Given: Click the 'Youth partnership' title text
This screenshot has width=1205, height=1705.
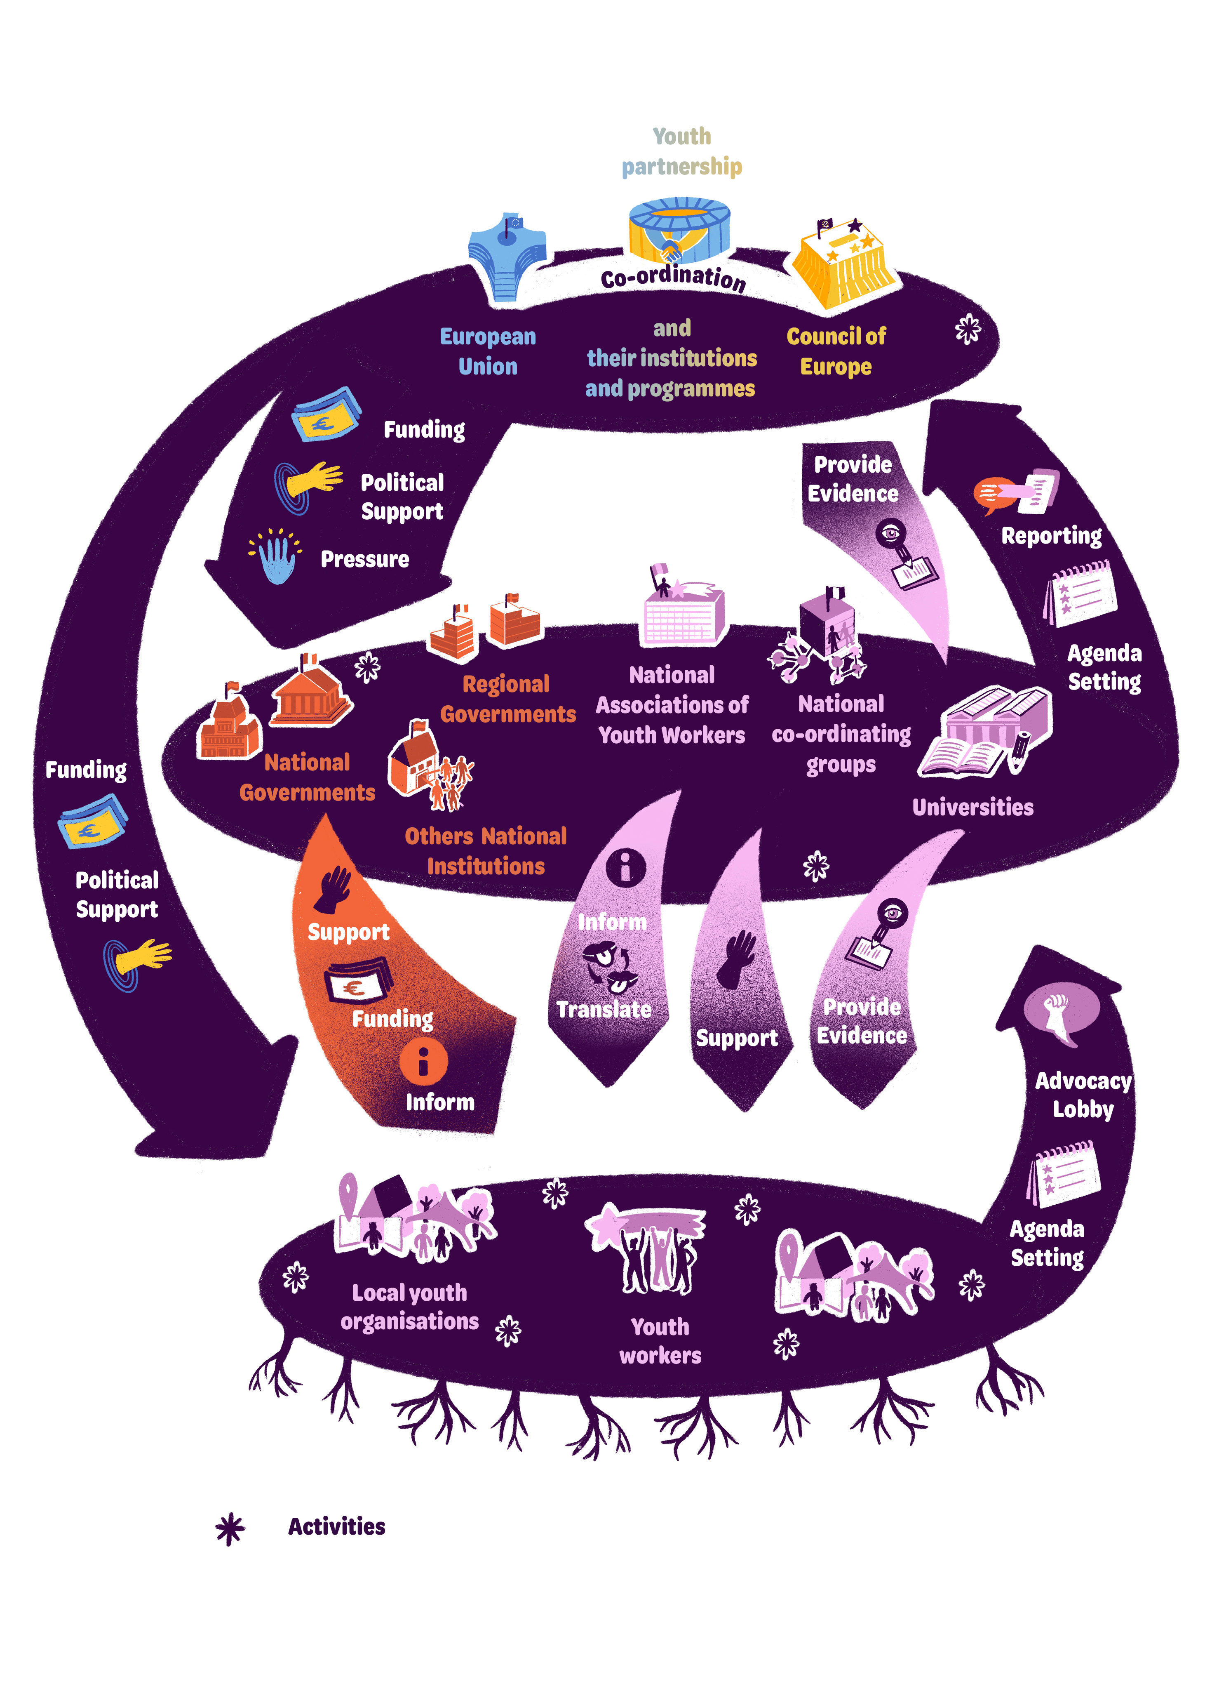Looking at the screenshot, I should click(x=681, y=151).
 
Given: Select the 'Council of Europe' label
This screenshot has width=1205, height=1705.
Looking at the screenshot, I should click(x=836, y=351).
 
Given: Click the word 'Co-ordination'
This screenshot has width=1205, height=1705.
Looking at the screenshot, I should click(x=673, y=277).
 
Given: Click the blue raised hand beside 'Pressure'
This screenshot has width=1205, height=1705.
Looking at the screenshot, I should click(x=276, y=557).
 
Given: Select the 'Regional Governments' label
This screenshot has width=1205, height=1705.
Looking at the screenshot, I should click(x=508, y=699).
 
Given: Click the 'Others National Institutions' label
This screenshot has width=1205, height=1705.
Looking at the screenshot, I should click(x=486, y=851).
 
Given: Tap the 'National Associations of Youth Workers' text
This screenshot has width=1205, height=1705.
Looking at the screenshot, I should click(x=672, y=705).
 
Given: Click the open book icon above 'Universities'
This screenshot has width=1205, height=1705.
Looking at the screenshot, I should click(x=961, y=758).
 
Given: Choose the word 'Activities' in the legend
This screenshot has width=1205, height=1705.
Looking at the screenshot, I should click(x=336, y=1526).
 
